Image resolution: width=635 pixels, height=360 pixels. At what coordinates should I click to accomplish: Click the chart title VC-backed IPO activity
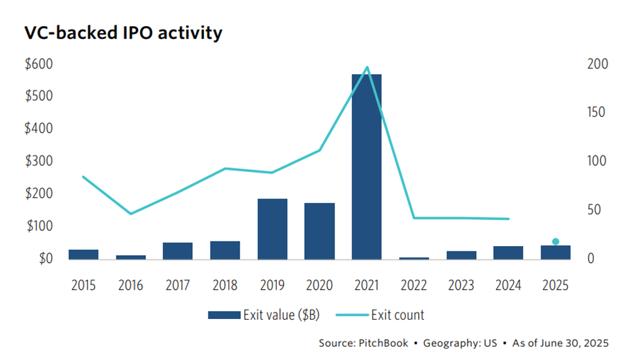click(x=123, y=33)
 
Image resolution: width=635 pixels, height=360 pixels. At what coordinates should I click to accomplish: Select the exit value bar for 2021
click(x=367, y=166)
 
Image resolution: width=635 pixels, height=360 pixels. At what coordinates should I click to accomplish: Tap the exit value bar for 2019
click(x=272, y=228)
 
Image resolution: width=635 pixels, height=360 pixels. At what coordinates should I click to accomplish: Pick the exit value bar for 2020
click(x=320, y=230)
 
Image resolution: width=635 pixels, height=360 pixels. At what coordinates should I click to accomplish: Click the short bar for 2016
click(x=131, y=256)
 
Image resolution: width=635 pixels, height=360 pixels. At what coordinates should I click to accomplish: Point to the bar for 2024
click(x=509, y=253)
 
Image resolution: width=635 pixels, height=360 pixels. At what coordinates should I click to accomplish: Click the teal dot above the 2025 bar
click(x=556, y=242)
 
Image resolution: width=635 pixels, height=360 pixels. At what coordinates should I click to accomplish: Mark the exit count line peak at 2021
click(x=367, y=67)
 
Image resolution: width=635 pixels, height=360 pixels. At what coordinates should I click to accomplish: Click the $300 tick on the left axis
click(x=38, y=161)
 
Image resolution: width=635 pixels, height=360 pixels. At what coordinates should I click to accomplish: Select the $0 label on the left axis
click(x=44, y=258)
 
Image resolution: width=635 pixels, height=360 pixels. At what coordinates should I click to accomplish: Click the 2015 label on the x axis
click(x=83, y=286)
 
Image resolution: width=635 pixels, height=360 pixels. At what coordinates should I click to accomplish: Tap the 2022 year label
click(x=414, y=286)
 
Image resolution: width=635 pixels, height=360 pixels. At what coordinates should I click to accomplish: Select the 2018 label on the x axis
click(x=225, y=286)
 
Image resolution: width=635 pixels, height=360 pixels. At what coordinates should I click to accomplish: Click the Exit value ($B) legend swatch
click(x=224, y=316)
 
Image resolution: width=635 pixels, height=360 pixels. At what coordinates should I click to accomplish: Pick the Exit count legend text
click(x=397, y=316)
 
